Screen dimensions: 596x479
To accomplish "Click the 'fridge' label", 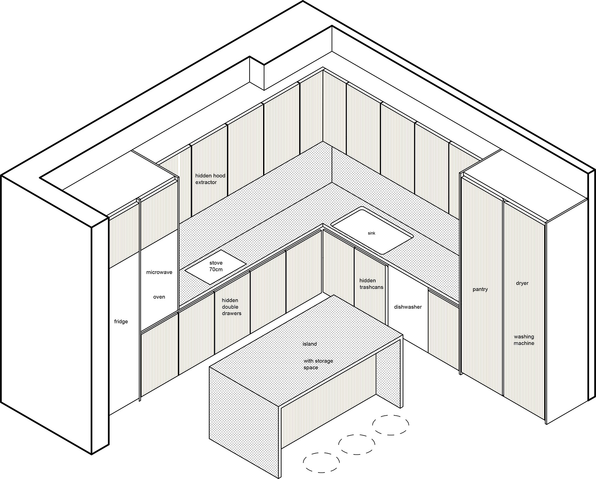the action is point(121,322).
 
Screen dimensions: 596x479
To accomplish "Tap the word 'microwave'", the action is point(159,272).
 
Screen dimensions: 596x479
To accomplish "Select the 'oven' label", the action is point(159,297).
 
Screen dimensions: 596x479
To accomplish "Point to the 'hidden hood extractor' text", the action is point(210,179).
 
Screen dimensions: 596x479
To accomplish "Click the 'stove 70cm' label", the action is point(216,266).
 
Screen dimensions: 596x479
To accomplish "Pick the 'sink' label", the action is point(372,233).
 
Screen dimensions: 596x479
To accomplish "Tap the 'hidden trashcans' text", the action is point(371,284).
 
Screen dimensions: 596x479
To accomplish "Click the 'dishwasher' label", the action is point(408,307).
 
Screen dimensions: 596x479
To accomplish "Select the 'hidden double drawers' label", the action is point(231,307).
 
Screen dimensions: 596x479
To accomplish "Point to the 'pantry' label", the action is point(480,289).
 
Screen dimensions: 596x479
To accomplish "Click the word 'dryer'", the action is point(522,283).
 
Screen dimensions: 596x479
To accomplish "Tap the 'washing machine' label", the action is point(524,340).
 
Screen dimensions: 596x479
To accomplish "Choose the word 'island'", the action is point(309,344).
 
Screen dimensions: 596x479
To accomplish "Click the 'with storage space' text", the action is point(318,364).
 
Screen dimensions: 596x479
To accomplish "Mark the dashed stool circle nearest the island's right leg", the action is point(391,425).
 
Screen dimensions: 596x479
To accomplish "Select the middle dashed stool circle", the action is point(356,445).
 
